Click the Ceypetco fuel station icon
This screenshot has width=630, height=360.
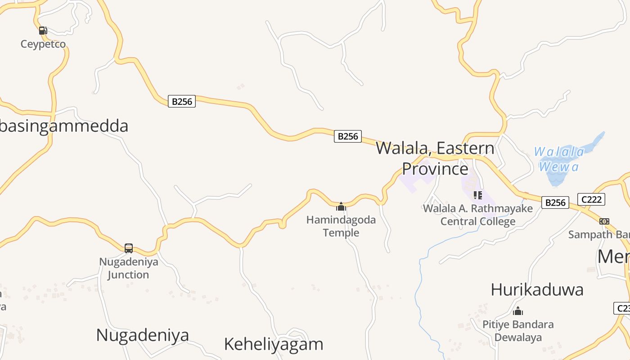(43, 31)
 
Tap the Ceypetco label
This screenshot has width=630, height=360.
(43, 44)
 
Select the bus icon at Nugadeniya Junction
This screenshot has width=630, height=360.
(129, 248)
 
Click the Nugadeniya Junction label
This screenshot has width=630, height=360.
(129, 268)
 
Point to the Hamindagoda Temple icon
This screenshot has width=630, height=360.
(341, 207)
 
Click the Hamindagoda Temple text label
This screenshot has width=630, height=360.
(341, 226)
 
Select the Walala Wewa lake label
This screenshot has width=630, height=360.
(559, 159)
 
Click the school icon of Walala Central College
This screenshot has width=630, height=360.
(477, 195)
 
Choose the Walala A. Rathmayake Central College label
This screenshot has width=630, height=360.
(478, 215)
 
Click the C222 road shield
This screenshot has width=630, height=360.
(591, 199)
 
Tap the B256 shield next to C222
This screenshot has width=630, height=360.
(555, 202)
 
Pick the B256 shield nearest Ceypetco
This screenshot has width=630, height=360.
(182, 101)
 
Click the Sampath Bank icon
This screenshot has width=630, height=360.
(604, 221)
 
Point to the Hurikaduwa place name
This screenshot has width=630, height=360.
(537, 289)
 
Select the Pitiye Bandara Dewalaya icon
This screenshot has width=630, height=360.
(518, 311)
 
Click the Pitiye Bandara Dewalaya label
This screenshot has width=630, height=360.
(518, 331)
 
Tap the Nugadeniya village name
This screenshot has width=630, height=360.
(143, 335)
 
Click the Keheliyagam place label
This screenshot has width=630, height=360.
(274, 344)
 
